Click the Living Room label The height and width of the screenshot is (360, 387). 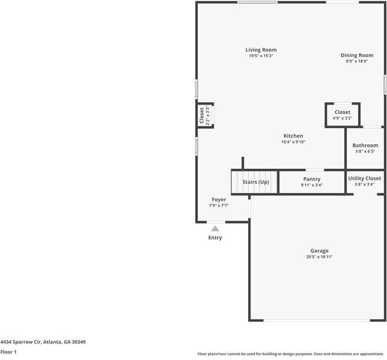261,50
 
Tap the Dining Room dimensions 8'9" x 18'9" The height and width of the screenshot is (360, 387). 356,61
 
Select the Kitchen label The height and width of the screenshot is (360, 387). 293,136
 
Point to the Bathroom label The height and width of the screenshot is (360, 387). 365,145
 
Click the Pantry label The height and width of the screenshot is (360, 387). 311,179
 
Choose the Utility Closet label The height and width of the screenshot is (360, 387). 364,178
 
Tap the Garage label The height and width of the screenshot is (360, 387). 319,251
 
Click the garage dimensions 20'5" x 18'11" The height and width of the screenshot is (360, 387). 319,257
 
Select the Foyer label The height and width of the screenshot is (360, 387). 219,200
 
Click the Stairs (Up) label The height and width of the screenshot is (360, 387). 255,182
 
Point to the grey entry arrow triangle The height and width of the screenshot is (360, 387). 215,228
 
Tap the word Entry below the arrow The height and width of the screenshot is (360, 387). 215,237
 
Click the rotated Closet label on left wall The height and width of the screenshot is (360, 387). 202,116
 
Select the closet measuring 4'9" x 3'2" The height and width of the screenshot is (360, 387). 343,115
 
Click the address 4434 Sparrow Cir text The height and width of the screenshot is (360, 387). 43,342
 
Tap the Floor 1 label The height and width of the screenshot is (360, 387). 8,352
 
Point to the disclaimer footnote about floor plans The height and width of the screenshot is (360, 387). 290,354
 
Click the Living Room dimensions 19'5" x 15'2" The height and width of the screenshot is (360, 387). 261,56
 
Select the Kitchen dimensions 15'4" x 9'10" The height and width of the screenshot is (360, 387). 293,142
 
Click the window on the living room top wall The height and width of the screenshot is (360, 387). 257,2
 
